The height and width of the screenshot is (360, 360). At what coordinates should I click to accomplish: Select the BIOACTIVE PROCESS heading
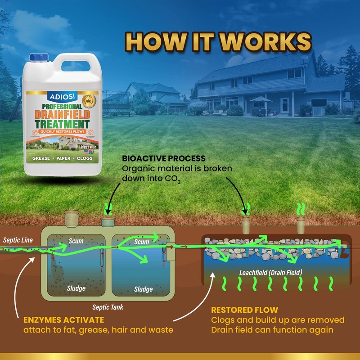click(x=164, y=159)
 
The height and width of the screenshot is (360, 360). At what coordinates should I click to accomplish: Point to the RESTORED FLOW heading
click(x=244, y=310)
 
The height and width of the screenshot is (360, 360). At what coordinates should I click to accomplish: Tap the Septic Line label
click(x=17, y=239)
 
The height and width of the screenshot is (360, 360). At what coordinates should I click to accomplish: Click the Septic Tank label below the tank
click(x=108, y=307)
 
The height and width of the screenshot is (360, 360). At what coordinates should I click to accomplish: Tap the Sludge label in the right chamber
click(x=144, y=289)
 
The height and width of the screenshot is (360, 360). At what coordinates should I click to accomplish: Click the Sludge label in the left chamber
click(x=76, y=288)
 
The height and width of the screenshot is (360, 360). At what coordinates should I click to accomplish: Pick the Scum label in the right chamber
click(x=142, y=242)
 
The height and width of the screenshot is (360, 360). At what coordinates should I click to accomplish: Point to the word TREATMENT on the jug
click(x=64, y=123)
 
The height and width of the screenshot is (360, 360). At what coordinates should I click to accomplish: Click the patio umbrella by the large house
click(x=261, y=99)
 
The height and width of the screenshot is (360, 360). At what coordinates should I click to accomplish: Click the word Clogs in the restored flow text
click(x=222, y=320)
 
